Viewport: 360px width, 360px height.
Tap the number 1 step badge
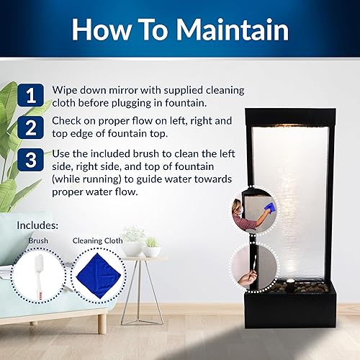coord(31,95)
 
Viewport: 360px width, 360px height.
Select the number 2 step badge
coord(31,127)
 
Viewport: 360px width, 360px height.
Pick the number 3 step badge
coord(31,159)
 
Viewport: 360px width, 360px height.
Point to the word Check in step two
coord(67,122)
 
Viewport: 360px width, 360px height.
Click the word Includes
coord(37,225)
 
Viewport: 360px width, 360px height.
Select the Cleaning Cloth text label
coord(98,241)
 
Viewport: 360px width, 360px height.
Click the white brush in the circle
coord(38,274)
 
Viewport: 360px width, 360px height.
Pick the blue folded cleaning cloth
coord(98,275)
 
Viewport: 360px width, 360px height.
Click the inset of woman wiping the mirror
coord(254,210)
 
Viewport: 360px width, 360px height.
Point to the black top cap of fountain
coord(287,114)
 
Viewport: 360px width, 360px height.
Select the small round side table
coord(135,288)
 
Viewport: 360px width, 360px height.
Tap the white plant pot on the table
coord(152,251)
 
